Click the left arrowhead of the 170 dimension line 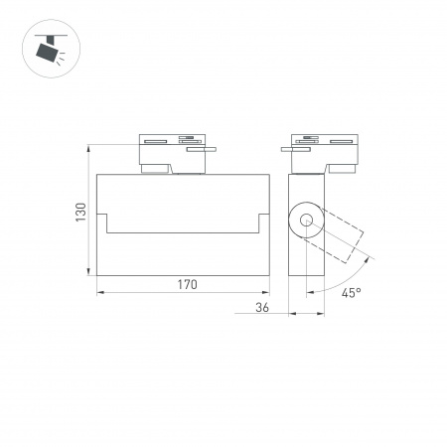pyautogui.click(x=100, y=294)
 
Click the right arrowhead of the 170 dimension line pyautogui.click(x=270, y=294)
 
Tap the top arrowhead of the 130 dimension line pyautogui.click(x=90, y=143)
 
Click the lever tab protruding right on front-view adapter pyautogui.click(x=210, y=150)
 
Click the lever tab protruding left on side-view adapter pyautogui.click(x=288, y=150)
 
